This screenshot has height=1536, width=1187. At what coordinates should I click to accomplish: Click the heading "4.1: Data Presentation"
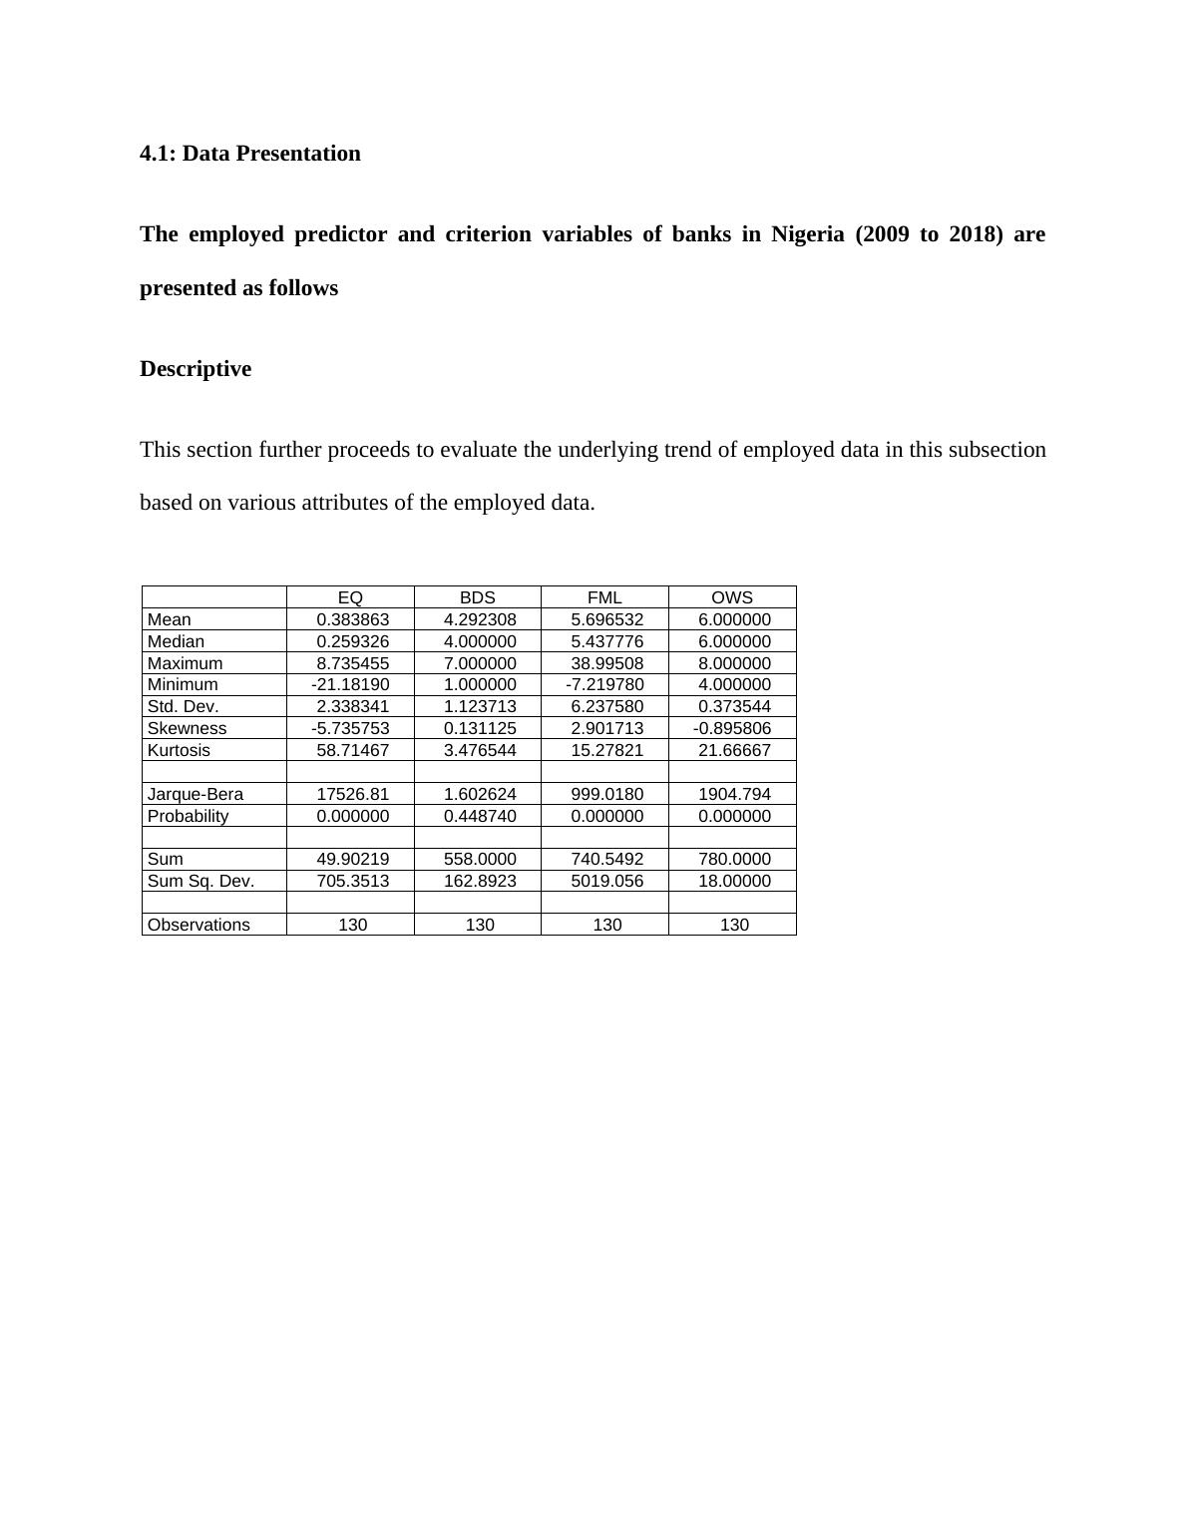click(x=249, y=154)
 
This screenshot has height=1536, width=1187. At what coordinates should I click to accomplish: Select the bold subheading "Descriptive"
click(x=196, y=369)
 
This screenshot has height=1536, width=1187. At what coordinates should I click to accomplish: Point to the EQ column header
click(x=350, y=597)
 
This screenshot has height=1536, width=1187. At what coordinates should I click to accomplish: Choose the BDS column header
click(x=477, y=597)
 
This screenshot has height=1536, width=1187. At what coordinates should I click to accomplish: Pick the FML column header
click(x=604, y=597)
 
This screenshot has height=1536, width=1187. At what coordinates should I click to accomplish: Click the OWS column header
click(x=732, y=597)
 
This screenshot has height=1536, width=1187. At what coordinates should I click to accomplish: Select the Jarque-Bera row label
click(x=196, y=794)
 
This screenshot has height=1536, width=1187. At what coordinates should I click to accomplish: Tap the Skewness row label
click(x=187, y=728)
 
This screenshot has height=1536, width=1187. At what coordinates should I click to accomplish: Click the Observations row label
click(x=198, y=925)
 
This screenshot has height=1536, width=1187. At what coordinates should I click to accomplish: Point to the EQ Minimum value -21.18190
click(x=350, y=684)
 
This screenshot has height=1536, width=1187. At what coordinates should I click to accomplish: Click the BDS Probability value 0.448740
click(x=480, y=816)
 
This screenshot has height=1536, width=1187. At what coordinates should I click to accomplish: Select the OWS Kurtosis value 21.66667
click(x=734, y=750)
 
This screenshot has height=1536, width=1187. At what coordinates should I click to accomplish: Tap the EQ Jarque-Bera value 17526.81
click(x=353, y=794)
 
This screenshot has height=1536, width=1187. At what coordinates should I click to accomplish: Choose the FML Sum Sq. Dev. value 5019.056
click(x=606, y=881)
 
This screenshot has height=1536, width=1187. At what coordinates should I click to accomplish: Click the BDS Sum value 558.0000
click(x=480, y=859)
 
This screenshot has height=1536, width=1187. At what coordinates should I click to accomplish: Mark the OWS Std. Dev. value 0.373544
click(x=734, y=706)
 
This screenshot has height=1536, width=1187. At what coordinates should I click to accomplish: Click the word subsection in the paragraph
click(x=996, y=450)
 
